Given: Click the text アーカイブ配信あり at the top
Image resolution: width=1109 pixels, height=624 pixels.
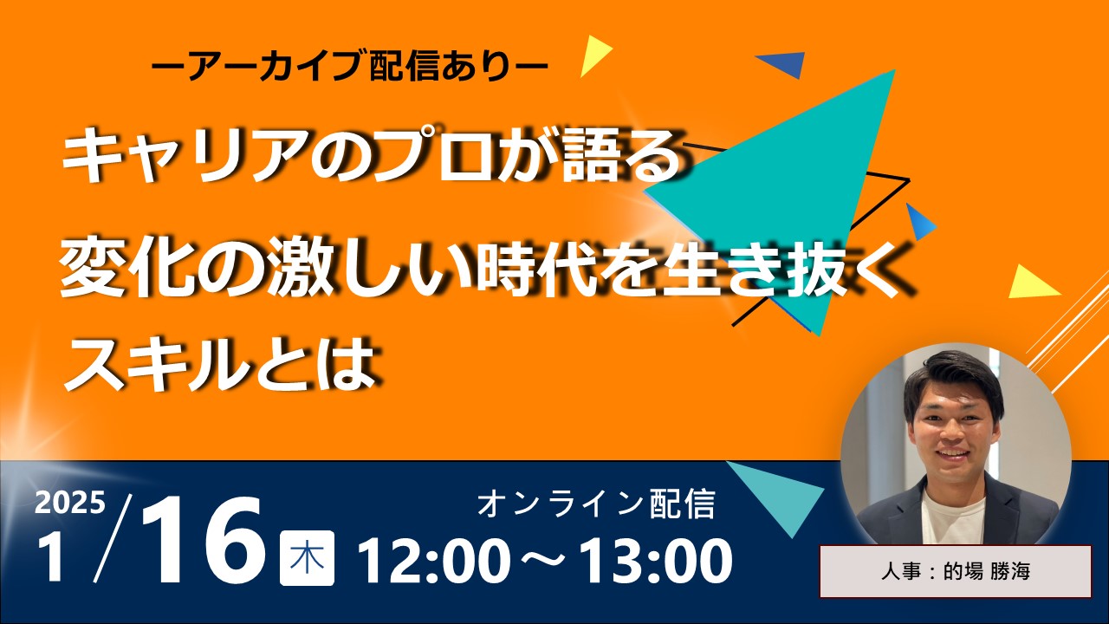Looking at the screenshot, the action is click(349, 66).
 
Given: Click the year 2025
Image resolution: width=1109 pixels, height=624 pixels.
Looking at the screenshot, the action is click(70, 504).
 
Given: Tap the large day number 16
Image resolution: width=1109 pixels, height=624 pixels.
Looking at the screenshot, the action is click(202, 542).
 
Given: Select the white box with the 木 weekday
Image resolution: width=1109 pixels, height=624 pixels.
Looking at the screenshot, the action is click(307, 558).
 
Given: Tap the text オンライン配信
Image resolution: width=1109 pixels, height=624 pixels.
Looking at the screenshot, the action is click(596, 504).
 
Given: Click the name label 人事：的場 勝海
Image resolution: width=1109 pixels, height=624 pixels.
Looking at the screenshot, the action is click(956, 571).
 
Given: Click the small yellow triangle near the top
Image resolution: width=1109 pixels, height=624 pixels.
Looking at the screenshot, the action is click(594, 55).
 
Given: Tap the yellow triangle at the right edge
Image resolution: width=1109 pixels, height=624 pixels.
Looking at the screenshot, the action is click(1031, 283).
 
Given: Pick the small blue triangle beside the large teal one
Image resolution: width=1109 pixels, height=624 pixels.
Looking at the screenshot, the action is click(919, 222).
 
